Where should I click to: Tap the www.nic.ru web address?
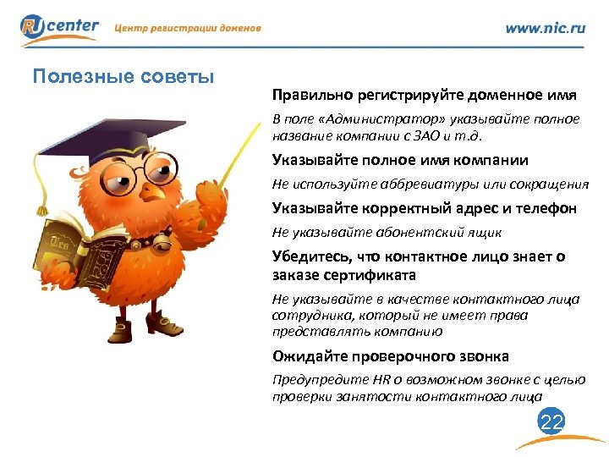[545, 27]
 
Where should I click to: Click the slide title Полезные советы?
[123, 77]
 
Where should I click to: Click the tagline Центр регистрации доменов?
[188, 28]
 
